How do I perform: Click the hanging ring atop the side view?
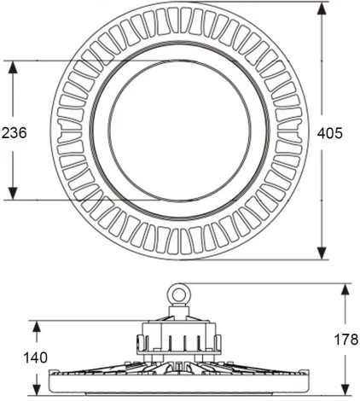click(180, 293)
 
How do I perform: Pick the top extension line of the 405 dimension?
click(256, 3)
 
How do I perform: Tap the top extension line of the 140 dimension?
click(85, 322)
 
